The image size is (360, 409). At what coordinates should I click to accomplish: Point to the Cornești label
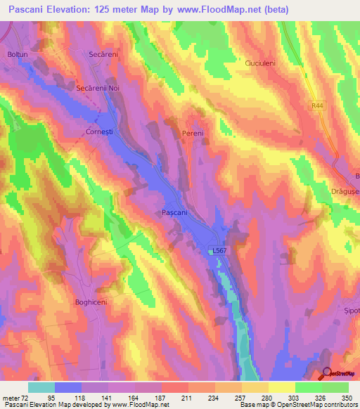click(x=99, y=131)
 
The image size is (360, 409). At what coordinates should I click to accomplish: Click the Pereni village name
click(x=192, y=133)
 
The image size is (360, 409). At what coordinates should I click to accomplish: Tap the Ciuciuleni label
click(x=262, y=62)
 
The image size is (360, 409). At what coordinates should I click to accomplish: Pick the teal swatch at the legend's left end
click(x=41, y=387)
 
